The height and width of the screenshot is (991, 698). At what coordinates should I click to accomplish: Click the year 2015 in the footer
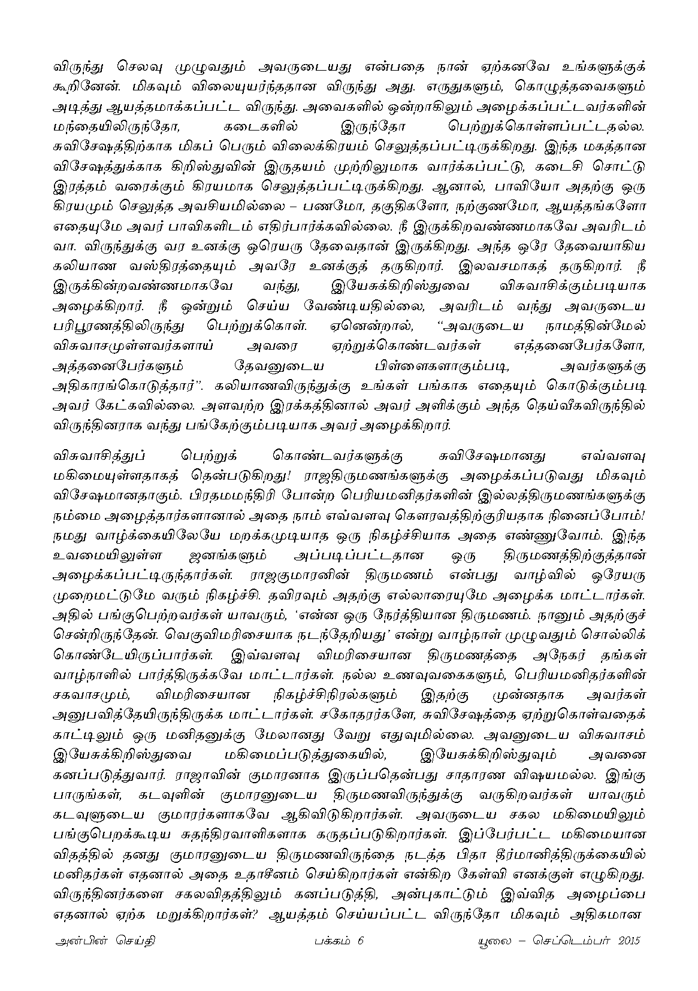628,941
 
